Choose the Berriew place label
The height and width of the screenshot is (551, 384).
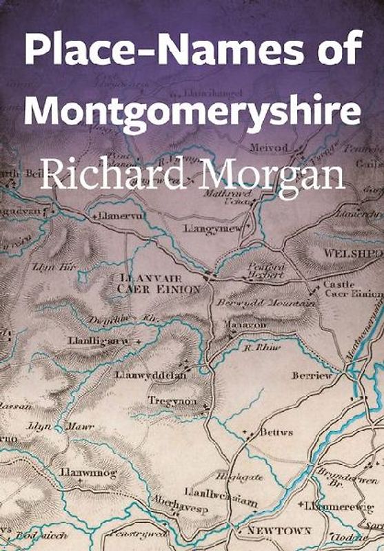312,375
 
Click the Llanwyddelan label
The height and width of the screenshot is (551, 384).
149,375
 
